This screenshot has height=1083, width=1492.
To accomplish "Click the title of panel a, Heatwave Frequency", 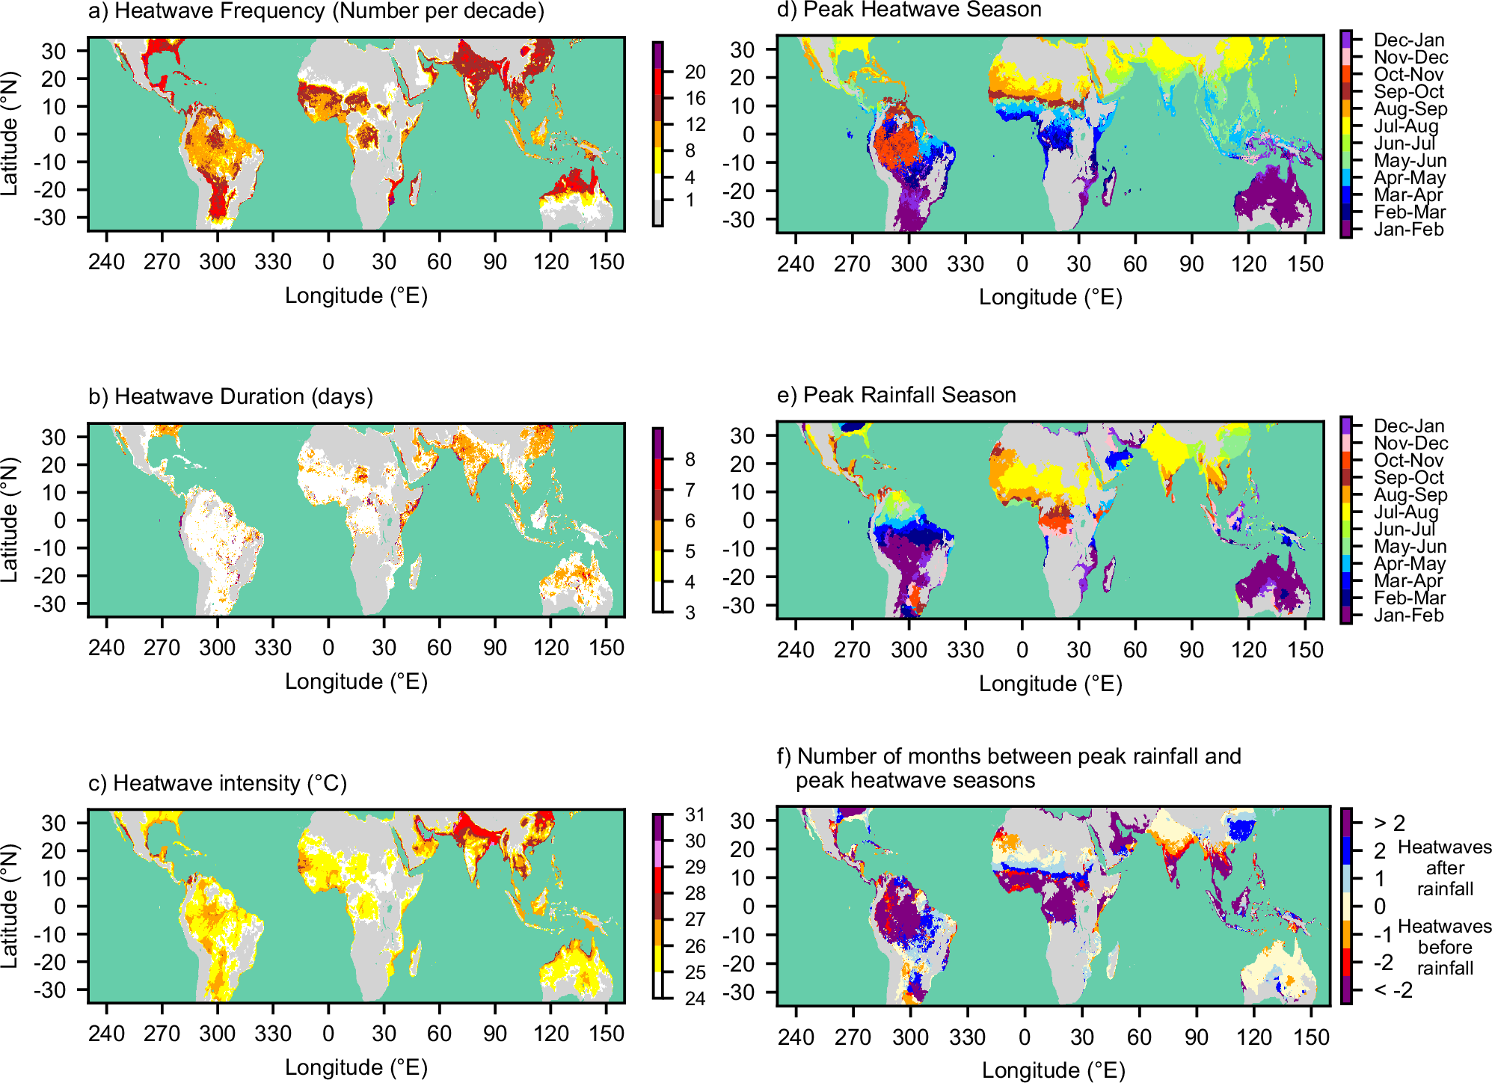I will (316, 11).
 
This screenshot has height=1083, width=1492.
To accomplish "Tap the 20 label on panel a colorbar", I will (695, 72).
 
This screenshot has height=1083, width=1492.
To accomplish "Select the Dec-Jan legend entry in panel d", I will (1408, 40).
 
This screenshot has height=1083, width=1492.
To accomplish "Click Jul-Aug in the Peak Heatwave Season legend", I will (1405, 126).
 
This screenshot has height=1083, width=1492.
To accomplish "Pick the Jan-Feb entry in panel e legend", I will (1408, 616).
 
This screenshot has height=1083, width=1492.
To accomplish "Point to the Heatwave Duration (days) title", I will (230, 396).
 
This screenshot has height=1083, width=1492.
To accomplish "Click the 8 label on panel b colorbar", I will (690, 459).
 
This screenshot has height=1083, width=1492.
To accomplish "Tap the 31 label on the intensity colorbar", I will (695, 814).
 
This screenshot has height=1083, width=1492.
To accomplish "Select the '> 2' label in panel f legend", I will (1390, 823).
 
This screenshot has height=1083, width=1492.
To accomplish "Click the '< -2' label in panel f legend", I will (1393, 990).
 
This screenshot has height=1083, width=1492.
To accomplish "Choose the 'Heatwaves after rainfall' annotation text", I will (1444, 868).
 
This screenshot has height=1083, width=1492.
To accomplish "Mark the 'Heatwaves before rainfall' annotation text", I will (1444, 948).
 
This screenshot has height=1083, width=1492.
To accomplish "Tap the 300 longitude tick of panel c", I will (217, 1034).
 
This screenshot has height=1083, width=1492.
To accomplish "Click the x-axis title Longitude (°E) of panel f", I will (1053, 1070).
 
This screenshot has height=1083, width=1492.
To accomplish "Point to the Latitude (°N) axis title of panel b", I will (10, 520).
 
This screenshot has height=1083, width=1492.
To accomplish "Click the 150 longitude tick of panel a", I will (606, 262).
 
